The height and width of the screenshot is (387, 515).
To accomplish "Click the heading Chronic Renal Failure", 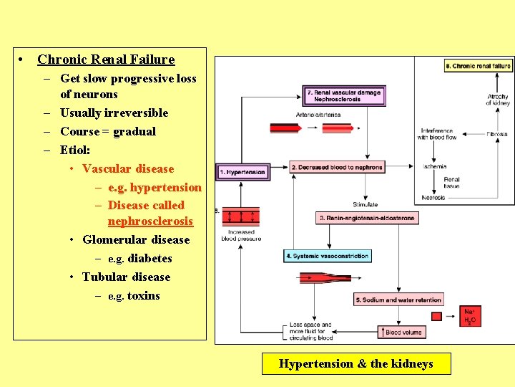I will point(106,59).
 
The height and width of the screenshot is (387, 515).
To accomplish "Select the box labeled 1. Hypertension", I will point(242,172).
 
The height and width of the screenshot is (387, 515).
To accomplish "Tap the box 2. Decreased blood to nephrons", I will point(338,168).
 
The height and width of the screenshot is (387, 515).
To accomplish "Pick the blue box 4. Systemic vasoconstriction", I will point(328,256).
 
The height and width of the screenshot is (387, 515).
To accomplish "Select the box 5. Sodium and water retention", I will point(398,300).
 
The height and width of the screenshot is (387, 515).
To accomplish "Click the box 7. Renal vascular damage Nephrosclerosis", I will point(344,95).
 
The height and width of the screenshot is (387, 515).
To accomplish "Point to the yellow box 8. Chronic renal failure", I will point(478,66).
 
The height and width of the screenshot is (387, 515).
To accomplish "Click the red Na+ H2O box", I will point(469,316).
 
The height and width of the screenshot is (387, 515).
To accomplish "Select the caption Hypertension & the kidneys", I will point(355,364).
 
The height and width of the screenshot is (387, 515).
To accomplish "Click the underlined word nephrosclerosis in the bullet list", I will point(150,221).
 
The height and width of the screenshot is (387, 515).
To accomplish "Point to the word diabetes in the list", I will point(149,258).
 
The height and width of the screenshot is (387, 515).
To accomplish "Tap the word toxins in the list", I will point(143,295).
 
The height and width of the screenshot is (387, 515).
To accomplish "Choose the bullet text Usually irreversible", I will point(114,113).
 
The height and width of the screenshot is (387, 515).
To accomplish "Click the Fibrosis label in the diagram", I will point(497,134).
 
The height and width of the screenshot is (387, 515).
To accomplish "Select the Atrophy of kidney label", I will point(498,100).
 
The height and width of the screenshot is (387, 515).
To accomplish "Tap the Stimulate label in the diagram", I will point(365,205).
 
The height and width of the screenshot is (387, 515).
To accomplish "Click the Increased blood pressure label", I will point(241,235).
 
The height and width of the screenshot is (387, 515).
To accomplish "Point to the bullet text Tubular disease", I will point(126,277).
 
